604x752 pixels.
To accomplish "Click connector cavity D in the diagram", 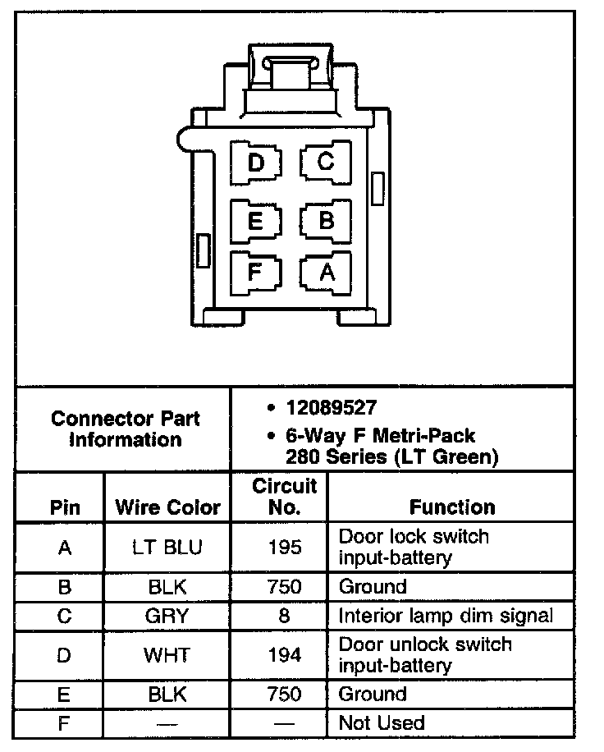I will click(x=256, y=163).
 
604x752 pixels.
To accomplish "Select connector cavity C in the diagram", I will click(x=326, y=162).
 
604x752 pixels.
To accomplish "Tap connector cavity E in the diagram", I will click(x=255, y=221).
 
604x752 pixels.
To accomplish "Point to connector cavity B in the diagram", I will click(x=326, y=220).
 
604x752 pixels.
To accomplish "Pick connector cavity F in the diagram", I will click(x=255, y=271).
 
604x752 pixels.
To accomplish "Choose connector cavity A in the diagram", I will click(x=326, y=272).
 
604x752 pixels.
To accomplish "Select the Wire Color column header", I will click(x=167, y=507).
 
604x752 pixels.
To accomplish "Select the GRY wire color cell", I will click(x=167, y=616).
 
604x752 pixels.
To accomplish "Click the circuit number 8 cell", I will click(x=284, y=616).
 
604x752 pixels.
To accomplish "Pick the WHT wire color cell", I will click(x=167, y=654).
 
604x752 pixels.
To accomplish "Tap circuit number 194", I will click(x=284, y=654).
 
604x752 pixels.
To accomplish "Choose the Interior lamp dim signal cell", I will click(x=446, y=616).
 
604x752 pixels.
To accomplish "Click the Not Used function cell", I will click(x=382, y=723).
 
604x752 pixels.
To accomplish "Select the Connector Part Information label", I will click(x=125, y=429).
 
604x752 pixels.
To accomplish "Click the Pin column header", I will click(x=65, y=507).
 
